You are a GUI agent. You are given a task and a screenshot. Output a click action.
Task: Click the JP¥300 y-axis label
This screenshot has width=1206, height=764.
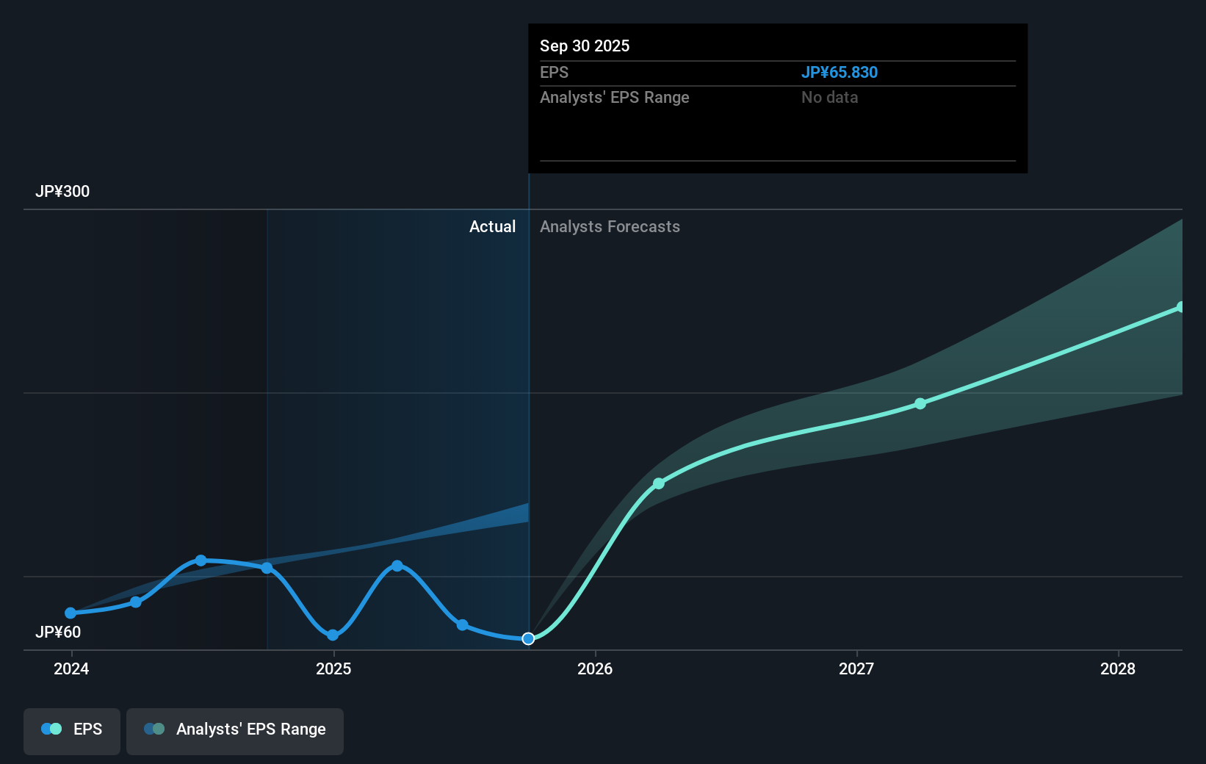point(62,192)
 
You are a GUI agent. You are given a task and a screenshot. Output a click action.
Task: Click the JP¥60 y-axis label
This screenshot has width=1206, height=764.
point(58,633)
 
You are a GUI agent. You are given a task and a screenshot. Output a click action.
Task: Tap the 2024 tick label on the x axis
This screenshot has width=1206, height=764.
point(71,669)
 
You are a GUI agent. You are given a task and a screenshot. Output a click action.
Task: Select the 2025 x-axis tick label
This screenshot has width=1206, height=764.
point(333,669)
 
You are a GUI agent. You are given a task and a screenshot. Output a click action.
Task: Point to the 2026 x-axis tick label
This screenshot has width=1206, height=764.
point(595,669)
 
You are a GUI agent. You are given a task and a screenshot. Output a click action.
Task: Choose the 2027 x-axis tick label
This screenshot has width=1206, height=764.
point(856,669)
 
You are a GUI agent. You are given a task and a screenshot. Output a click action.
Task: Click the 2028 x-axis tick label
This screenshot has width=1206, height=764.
point(1118,669)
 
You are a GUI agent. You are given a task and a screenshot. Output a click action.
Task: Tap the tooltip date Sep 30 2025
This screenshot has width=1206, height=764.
point(585,46)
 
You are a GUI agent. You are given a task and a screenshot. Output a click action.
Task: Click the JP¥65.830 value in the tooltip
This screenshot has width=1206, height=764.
point(839,72)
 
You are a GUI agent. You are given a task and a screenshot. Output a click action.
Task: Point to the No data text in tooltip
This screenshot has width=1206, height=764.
point(829,98)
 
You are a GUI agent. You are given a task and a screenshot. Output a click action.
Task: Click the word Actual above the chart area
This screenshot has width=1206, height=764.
point(492,227)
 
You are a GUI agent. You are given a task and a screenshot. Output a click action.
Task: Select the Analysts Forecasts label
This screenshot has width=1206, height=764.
point(610,227)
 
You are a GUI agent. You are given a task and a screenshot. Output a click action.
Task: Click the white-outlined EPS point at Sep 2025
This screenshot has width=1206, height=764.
point(528,638)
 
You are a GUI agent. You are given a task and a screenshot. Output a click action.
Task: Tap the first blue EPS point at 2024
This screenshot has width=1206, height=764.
point(71,613)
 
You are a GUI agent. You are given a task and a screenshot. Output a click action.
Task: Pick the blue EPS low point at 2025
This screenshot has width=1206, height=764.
point(333,635)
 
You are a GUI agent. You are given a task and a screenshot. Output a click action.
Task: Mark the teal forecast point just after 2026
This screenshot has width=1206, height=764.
point(659,483)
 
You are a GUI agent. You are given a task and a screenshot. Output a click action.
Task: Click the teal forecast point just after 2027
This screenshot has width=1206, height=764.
point(920,403)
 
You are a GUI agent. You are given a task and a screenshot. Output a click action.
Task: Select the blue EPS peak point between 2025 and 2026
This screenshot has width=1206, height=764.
point(397,566)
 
